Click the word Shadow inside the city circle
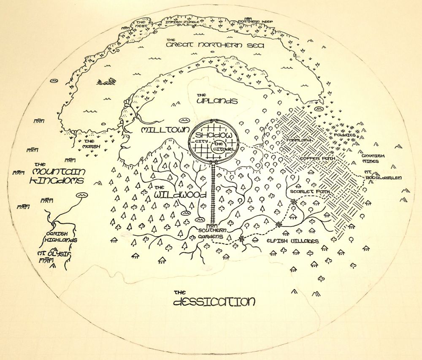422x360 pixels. [x=212, y=134]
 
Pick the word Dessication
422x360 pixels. [x=214, y=302]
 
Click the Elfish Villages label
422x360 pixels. [x=292, y=241]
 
